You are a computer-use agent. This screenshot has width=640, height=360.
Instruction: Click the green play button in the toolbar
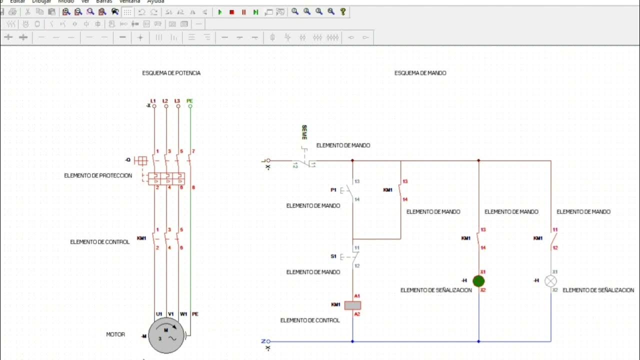tap(220, 12)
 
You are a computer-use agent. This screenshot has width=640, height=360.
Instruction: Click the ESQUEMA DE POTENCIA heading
tap(171, 73)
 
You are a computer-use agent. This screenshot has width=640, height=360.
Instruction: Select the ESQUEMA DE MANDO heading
tap(420, 73)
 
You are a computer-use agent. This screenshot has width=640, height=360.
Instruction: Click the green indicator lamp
tap(478, 281)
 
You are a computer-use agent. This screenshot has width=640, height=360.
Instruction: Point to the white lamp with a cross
tap(551, 281)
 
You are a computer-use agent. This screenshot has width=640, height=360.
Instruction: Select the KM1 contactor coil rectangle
tap(352, 305)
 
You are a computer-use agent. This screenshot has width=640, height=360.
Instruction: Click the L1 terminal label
tap(153, 101)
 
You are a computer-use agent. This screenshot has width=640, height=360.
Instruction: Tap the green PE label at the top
tap(189, 101)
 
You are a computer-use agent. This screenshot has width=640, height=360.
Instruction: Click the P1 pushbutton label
tap(333, 190)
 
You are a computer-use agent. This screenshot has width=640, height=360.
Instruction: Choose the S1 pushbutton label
tap(333, 256)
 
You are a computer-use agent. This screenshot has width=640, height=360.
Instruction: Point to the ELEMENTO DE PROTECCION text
tap(98, 175)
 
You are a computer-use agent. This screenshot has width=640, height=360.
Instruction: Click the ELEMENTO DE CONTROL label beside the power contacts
tap(99, 242)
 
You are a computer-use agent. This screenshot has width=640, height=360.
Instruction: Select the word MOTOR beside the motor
tap(115, 334)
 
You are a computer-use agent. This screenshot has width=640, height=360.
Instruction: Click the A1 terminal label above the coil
tap(356, 296)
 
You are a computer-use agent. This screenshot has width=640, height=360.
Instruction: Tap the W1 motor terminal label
tap(183, 314)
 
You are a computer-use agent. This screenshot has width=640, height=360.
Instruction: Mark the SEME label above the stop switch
tap(304, 132)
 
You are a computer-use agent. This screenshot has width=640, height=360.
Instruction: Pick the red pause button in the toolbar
tap(244, 12)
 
